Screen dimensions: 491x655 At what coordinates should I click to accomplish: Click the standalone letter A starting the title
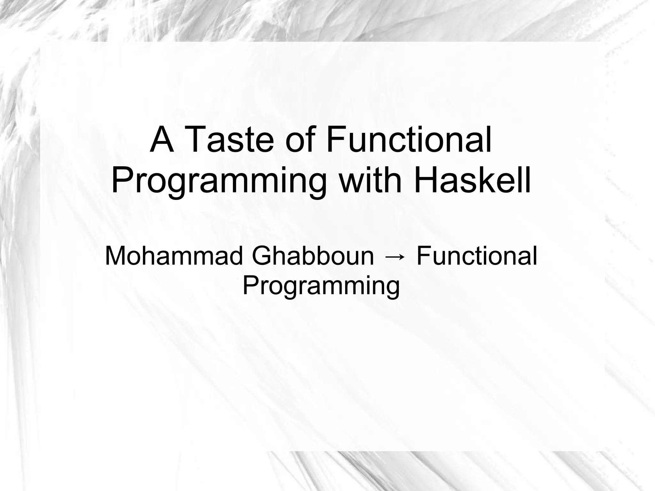(x=162, y=140)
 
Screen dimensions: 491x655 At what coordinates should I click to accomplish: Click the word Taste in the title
(x=229, y=140)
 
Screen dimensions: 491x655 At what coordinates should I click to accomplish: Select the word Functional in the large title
(x=409, y=140)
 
